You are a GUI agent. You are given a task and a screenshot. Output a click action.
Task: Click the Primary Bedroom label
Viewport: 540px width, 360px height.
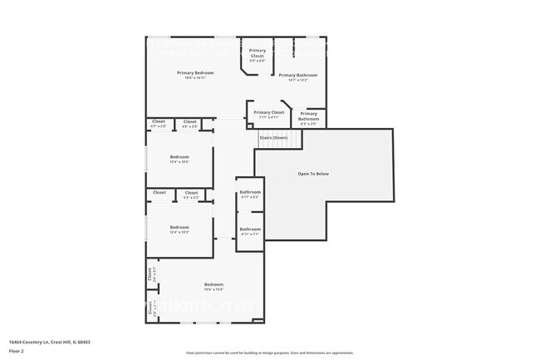point(195,73)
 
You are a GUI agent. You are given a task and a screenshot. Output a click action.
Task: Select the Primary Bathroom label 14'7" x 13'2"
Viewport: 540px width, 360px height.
point(297,76)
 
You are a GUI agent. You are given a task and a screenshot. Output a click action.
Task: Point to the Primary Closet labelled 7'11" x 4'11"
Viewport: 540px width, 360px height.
point(268,113)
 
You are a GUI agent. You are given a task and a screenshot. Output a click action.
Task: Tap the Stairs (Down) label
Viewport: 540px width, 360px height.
point(273,137)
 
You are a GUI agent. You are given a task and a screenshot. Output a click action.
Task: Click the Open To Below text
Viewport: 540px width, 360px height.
point(314,174)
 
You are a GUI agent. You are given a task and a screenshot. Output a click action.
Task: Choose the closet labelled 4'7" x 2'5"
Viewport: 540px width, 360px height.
point(159,122)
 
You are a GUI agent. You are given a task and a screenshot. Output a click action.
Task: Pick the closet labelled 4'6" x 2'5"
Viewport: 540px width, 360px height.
point(189,122)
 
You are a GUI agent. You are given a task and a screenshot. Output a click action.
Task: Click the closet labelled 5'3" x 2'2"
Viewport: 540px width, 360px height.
point(190,193)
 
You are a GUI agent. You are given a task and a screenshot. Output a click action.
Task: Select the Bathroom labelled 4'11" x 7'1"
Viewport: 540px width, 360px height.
point(250,229)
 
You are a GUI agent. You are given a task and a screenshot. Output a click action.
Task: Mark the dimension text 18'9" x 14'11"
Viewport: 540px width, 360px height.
point(195,78)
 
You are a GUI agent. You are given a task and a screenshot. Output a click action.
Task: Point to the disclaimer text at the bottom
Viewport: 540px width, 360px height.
point(269,353)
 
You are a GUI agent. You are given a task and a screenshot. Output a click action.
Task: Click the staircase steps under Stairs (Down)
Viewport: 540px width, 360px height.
point(277,145)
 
